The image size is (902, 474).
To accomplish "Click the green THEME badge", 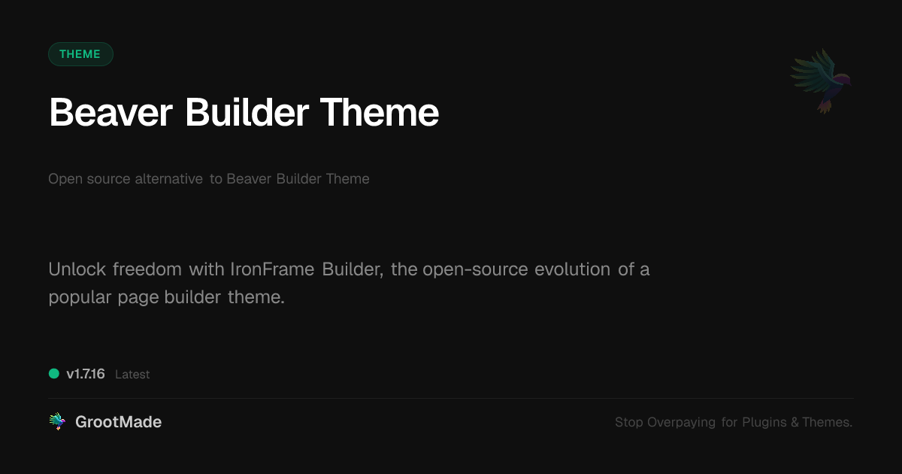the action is (80, 54).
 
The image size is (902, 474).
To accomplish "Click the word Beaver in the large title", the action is (110, 112).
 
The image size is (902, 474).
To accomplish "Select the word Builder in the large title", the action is (247, 112).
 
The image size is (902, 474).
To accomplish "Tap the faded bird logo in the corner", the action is (821, 81).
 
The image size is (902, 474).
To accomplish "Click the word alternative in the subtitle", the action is (168, 178).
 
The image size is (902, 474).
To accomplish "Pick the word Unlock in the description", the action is (77, 269).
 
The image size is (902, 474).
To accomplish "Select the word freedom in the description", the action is (147, 269).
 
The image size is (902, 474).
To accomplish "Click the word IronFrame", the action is (272, 269).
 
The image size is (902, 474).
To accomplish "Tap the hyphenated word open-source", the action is (475, 270).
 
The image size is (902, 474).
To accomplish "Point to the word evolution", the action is (572, 269).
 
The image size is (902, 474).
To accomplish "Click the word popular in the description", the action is (80, 298).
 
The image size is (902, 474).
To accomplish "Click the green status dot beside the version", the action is (54, 374).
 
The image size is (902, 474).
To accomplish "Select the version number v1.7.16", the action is (86, 374).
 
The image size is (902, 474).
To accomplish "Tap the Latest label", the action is (132, 375).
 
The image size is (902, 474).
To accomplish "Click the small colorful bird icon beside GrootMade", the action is (57, 421).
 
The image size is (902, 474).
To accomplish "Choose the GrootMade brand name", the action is (119, 422).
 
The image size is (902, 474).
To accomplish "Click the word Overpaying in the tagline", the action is (681, 422).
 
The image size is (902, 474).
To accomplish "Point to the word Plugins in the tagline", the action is (764, 422).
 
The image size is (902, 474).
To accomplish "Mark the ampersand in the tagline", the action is (795, 422).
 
